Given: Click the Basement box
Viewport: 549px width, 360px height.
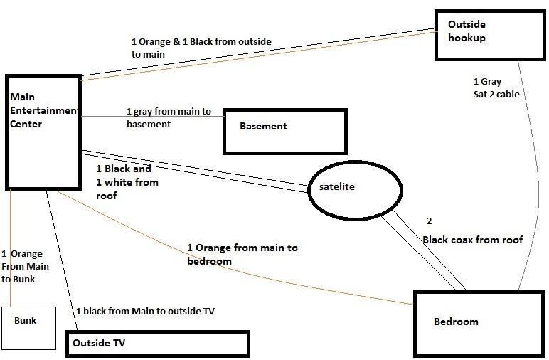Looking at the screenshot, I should point(284,131).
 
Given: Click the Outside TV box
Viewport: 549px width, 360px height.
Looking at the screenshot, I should point(157,343).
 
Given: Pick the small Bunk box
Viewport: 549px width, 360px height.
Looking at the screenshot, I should point(28,327).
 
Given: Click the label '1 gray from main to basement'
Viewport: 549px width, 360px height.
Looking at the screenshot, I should point(169,117).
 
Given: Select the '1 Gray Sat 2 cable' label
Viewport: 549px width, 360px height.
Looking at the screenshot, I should point(496,88).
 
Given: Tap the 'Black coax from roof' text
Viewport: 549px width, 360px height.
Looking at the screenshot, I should point(472,240).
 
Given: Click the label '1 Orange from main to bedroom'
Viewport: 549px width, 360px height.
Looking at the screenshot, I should point(242,253).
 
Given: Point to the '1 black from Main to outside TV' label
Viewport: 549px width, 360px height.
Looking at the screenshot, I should point(144,311).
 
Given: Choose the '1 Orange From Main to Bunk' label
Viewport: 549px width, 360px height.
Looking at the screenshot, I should point(22,266).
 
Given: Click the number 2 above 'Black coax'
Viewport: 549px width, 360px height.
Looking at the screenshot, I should point(429,221).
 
